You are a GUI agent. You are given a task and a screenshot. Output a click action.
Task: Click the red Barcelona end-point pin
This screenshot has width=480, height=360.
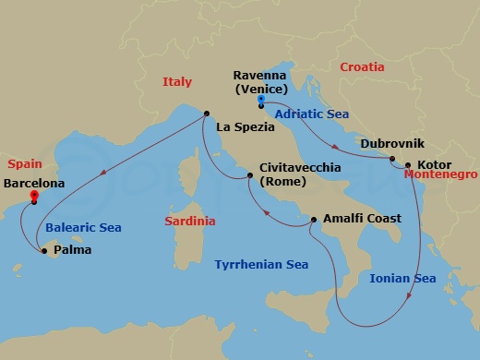tap(34, 196)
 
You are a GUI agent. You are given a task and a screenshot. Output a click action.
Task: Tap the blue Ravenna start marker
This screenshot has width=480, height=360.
tap(261, 99)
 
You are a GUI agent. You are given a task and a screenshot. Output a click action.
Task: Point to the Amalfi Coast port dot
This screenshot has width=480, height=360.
tap(314, 220)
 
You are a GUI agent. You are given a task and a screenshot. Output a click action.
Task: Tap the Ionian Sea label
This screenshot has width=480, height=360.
tap(402, 278)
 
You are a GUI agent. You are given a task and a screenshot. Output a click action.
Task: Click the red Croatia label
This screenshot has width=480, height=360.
tap(362, 67)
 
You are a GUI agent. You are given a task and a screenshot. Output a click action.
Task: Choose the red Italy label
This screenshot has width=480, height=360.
tap(176, 82)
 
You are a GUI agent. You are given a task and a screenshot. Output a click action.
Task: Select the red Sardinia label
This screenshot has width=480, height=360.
tap(190, 222)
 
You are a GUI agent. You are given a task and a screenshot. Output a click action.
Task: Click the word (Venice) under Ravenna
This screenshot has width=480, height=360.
tap(261, 89)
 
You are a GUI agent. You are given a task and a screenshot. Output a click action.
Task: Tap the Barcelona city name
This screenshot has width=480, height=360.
tap(35, 184)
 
